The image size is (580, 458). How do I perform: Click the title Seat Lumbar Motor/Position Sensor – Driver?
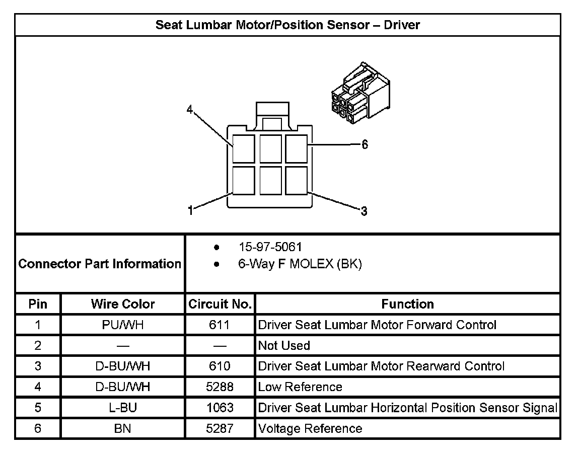(x=287, y=25)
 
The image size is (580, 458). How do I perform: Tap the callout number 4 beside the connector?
(x=189, y=109)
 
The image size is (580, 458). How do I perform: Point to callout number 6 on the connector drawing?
(x=365, y=145)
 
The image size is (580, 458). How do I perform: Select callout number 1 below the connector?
(x=190, y=211)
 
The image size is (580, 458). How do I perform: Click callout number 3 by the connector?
(x=364, y=211)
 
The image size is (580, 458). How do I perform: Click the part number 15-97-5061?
(x=270, y=247)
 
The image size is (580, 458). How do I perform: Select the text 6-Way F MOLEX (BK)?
(x=300, y=264)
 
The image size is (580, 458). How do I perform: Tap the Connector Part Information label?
(x=100, y=264)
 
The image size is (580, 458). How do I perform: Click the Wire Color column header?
(x=123, y=304)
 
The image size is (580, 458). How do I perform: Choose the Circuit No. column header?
(x=220, y=304)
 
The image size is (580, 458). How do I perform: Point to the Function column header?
(x=407, y=304)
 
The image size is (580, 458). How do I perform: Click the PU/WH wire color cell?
(x=123, y=325)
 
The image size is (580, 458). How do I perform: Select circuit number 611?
(x=220, y=325)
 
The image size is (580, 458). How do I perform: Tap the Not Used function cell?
(x=284, y=346)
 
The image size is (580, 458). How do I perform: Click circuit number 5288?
(x=220, y=387)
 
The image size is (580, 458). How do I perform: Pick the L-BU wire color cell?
(x=123, y=408)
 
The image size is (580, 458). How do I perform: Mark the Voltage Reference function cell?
(x=310, y=428)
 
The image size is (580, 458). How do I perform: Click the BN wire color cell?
(x=123, y=428)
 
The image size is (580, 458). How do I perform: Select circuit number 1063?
(x=220, y=408)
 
